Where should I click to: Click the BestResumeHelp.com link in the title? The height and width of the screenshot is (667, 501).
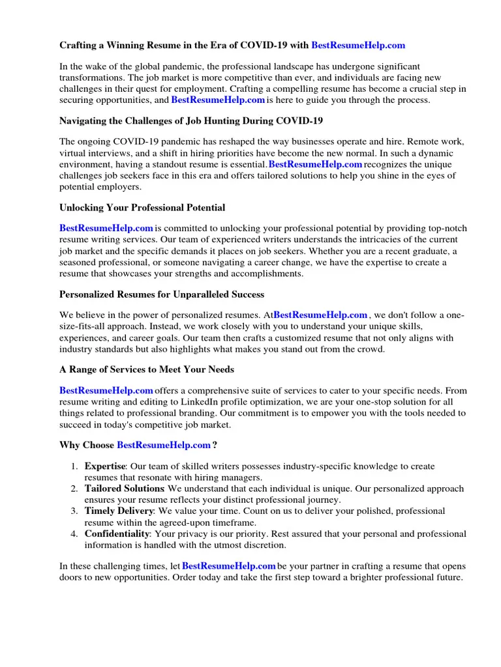[358, 46]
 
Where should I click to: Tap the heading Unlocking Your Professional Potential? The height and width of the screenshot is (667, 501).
[142, 208]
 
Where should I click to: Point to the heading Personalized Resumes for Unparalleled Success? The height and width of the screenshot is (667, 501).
[162, 294]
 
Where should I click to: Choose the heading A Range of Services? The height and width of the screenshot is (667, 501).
[147, 369]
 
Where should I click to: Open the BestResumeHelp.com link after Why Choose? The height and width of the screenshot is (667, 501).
[164, 445]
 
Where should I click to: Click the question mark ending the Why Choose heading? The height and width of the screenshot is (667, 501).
[215, 445]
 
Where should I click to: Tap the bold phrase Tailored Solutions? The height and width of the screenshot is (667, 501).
[124, 489]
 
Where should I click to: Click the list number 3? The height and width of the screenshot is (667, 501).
[74, 511]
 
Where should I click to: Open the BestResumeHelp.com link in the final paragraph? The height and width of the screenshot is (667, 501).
[229, 567]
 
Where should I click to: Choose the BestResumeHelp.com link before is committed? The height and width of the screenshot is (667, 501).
[106, 229]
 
